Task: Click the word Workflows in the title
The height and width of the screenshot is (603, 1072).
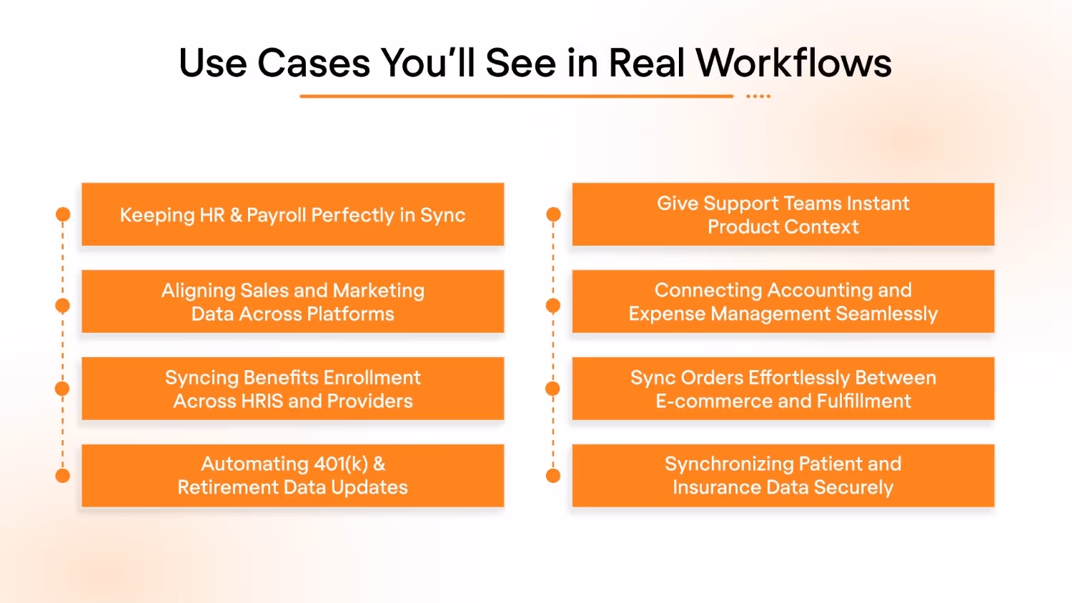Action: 793,63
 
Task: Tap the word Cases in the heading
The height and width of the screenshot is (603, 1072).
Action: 314,63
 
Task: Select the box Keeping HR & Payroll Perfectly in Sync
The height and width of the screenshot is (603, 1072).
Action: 292,214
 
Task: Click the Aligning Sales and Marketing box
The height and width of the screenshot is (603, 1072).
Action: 292,301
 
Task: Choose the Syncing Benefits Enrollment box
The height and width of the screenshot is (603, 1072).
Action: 292,389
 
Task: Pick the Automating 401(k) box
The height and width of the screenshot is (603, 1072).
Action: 292,476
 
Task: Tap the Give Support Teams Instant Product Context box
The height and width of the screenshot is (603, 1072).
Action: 783,214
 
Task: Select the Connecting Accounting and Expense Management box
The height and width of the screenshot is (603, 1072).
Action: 783,301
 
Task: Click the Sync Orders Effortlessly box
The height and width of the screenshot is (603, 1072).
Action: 783,389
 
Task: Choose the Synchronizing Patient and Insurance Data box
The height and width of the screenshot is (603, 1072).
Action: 783,476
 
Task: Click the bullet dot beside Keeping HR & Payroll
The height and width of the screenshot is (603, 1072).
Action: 63,214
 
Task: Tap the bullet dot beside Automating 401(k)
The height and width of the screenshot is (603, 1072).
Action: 63,476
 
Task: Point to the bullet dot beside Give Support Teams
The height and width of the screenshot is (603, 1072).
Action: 553,214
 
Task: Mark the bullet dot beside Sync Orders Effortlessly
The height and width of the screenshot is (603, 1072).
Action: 553,389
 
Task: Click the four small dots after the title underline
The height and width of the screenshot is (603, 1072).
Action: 758,96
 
